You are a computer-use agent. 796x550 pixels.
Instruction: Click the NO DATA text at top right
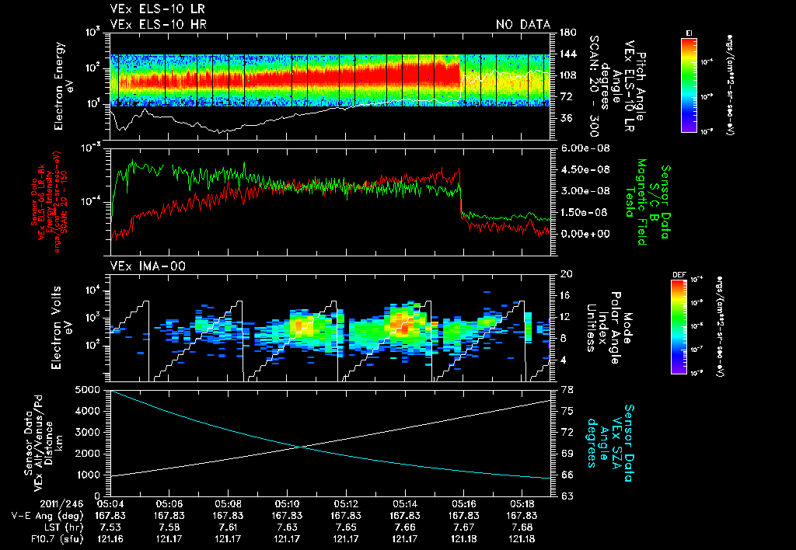pyautogui.click(x=523, y=24)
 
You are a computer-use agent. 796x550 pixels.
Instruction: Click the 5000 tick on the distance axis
pyautogui.click(x=93, y=389)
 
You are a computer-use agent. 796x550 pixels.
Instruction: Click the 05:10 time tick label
pyautogui.click(x=288, y=504)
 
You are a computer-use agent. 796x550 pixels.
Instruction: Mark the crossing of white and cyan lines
pyautogui.click(x=300, y=446)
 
